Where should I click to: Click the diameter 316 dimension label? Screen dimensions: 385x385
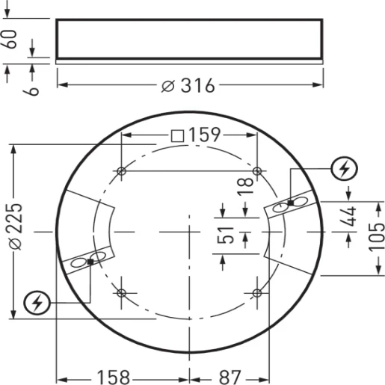tap(187, 85)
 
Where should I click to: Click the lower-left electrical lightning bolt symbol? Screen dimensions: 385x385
tap(37, 303)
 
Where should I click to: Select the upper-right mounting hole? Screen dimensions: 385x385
tap(256, 171)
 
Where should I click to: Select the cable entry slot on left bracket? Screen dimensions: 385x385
tap(88, 262)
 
